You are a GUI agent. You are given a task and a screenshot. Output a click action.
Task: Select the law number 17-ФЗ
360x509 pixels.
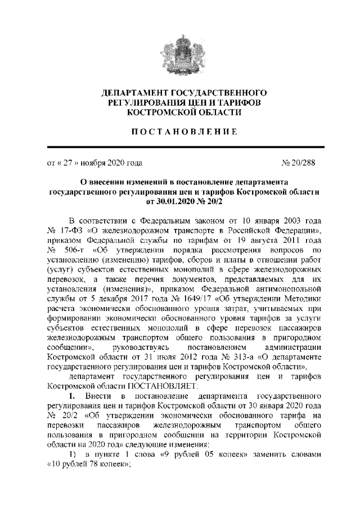click(x=71, y=231)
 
